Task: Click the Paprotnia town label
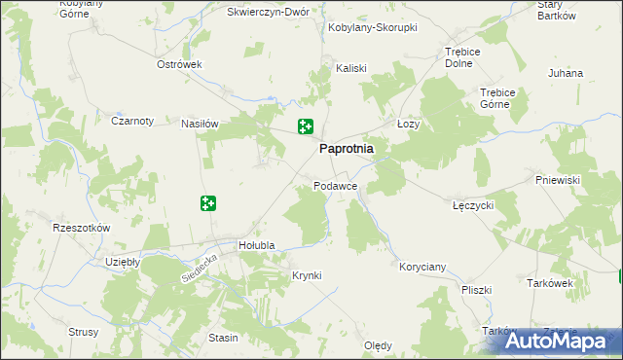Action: [348, 150]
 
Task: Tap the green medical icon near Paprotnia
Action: [305, 126]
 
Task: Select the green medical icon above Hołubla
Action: [207, 202]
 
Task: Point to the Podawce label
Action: [336, 185]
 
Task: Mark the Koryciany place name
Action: [422, 266]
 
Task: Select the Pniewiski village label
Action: [558, 180]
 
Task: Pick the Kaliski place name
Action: [350, 68]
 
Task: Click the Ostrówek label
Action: [179, 64]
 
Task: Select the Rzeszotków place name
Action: [83, 227]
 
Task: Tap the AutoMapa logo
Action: [561, 341]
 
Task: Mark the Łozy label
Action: [409, 125]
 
